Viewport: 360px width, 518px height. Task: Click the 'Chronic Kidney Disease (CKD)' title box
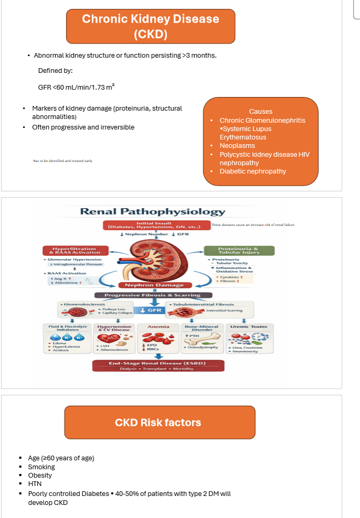click(150, 26)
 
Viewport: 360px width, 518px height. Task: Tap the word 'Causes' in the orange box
click(260, 112)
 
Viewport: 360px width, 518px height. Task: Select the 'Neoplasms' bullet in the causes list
click(237, 146)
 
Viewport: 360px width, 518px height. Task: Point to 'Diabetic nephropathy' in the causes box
click(253, 171)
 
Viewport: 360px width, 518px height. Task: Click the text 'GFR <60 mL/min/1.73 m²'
click(76, 87)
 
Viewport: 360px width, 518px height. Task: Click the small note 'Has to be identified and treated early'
click(62, 161)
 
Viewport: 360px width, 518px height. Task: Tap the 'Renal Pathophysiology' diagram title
click(152, 212)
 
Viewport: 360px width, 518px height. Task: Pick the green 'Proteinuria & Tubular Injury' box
click(231, 251)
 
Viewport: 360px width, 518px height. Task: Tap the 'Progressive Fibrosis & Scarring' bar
click(152, 295)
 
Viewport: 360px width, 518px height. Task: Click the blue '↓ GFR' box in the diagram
click(152, 310)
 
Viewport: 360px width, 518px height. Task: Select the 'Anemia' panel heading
click(158, 327)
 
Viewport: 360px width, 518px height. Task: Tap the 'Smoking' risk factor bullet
click(41, 467)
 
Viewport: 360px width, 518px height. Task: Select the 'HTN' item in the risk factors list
click(35, 483)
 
